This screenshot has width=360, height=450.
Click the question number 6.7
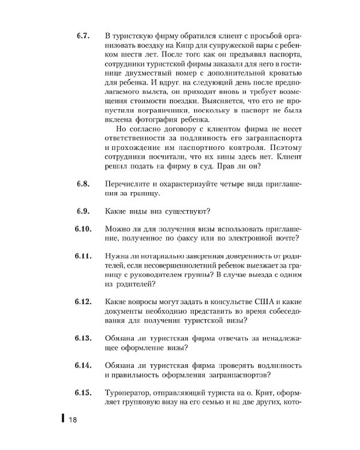click(x=83, y=36)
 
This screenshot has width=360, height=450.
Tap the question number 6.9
click(x=83, y=211)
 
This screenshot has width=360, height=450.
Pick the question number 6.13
click(x=83, y=338)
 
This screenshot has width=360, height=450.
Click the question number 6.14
click(x=83, y=365)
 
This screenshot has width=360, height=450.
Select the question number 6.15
click(x=83, y=393)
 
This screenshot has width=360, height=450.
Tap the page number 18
click(x=73, y=419)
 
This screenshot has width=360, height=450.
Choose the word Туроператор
click(x=130, y=393)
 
